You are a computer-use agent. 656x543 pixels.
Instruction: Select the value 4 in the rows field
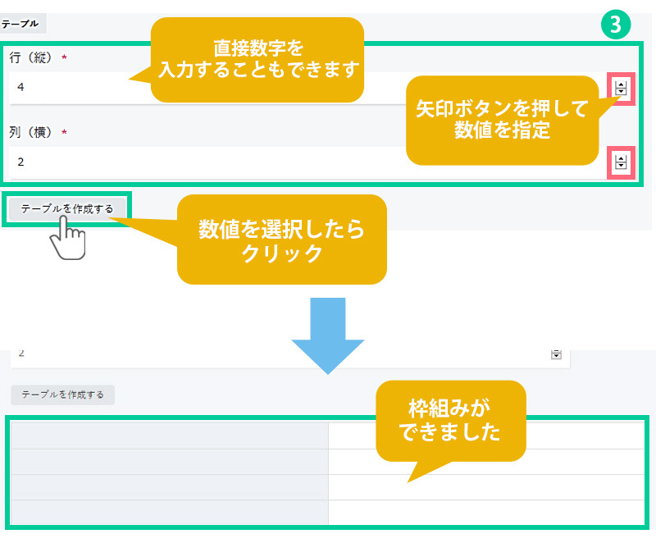20,86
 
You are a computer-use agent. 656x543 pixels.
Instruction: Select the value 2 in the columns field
20,162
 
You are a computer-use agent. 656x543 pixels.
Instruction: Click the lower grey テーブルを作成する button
63,395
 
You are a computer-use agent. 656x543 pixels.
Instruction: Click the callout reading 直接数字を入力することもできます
257,60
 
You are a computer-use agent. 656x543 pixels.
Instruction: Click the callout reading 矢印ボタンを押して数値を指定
502,120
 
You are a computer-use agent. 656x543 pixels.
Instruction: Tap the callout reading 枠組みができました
449,420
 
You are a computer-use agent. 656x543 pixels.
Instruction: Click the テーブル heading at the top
20,25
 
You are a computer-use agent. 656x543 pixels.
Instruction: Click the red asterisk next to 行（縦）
64,58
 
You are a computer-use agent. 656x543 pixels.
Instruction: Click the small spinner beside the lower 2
556,354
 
